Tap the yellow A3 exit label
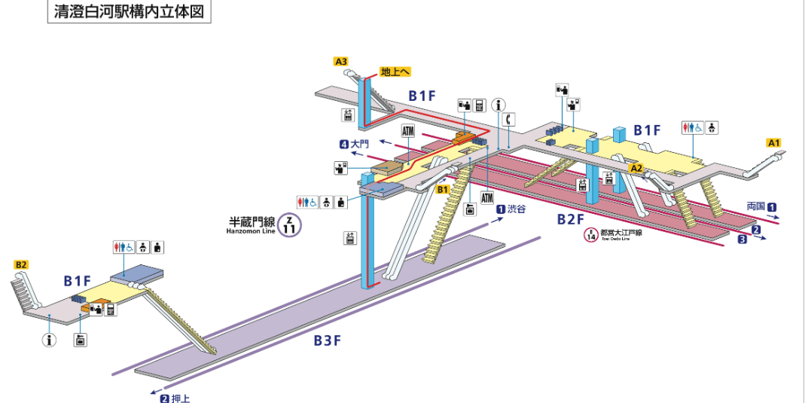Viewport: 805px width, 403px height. pos(341,61)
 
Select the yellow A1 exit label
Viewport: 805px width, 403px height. pos(773,142)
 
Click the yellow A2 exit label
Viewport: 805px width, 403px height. pos(636,168)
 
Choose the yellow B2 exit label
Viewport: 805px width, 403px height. pos(21,264)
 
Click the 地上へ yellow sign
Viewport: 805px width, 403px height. pos(395,72)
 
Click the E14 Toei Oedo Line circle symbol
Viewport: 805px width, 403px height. pos(591,235)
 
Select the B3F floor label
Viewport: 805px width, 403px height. pos(328,340)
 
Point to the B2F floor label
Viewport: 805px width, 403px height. pos(570,218)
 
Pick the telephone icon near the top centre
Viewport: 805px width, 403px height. pos(510,119)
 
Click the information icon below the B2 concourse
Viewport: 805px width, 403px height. pos(50,340)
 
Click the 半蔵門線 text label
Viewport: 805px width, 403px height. pos(251,222)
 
